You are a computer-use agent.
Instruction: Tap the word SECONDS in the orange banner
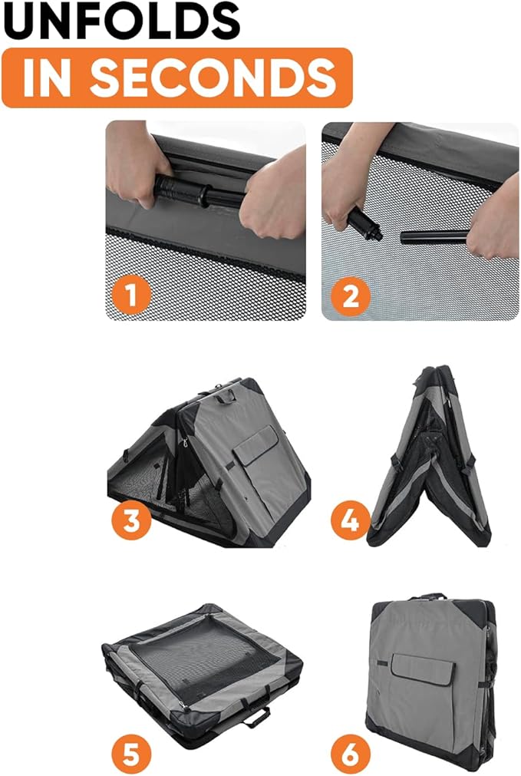pyautogui.click(x=213, y=78)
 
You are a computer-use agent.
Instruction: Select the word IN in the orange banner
pyautogui.click(x=46, y=78)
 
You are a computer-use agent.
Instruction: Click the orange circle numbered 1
pyautogui.click(x=131, y=295)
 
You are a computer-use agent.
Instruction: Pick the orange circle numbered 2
pyautogui.click(x=350, y=296)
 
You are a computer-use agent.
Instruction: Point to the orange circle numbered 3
pyautogui.click(x=131, y=520)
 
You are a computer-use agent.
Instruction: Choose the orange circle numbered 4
pyautogui.click(x=351, y=520)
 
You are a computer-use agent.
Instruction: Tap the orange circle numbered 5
pyautogui.click(x=131, y=755)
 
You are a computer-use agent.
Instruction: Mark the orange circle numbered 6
pyautogui.click(x=351, y=755)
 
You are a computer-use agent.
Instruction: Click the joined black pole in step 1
pyautogui.click(x=198, y=192)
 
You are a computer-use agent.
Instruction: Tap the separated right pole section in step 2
pyautogui.click(x=434, y=237)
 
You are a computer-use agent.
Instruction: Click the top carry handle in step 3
pyautogui.click(x=228, y=395)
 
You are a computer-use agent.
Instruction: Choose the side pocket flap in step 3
pyautogui.click(x=256, y=444)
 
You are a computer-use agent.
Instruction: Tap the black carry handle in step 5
pyautogui.click(x=256, y=716)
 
